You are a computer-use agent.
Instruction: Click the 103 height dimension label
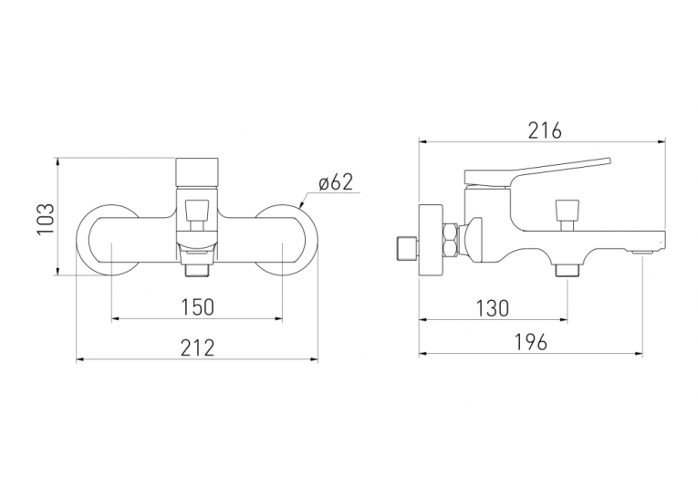coord(47,219)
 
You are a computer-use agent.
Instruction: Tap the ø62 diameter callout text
coord(336,182)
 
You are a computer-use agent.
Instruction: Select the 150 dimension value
coord(198,307)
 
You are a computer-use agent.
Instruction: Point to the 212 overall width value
coord(197,347)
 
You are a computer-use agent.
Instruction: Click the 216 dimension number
coord(545,130)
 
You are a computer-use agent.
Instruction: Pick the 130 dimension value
coord(493,308)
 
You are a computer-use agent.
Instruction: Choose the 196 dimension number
coord(531,342)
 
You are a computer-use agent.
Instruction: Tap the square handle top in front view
coord(197,172)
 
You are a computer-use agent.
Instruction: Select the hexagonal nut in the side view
coord(452,240)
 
